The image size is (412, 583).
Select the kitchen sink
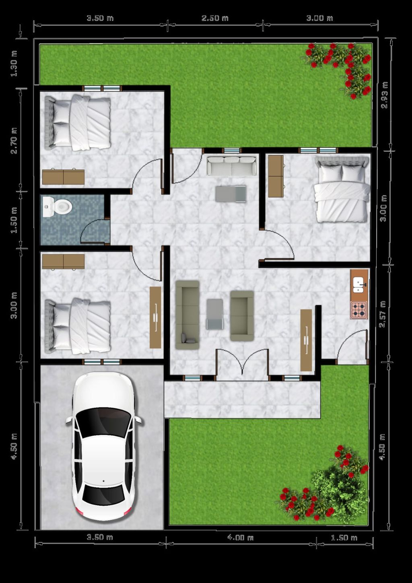(358, 284)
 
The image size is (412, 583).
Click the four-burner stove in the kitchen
(359, 310)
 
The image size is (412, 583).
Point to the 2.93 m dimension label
(384, 95)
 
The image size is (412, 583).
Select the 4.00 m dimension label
(240, 538)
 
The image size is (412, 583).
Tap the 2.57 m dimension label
(382, 314)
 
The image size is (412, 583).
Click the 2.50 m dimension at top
(215, 18)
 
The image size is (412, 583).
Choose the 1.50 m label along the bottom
(344, 538)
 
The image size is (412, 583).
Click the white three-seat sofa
(232, 166)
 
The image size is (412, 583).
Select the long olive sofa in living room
(187, 315)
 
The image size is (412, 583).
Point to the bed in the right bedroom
(342, 189)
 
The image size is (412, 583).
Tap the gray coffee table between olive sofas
(215, 314)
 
